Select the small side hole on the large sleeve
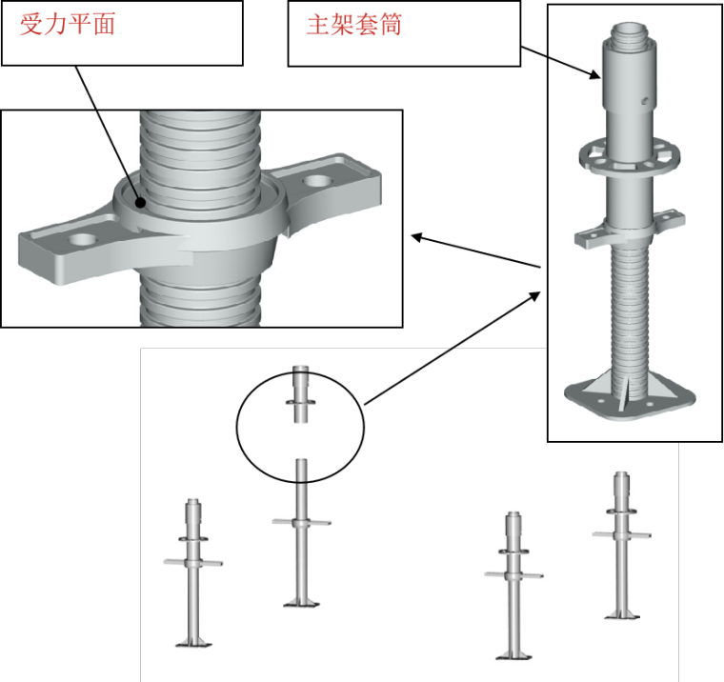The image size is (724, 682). [x=647, y=98]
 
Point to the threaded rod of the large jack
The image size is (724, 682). [x=624, y=305]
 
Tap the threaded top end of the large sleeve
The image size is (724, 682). [x=623, y=38]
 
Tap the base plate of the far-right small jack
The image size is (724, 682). [x=621, y=615]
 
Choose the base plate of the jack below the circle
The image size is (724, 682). [x=300, y=602]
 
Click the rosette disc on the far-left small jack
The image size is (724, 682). [x=193, y=539]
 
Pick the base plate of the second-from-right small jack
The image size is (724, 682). [x=513, y=654]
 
